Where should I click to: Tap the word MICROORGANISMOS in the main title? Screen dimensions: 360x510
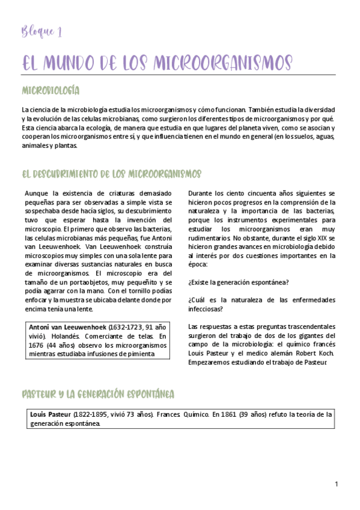point(224,63)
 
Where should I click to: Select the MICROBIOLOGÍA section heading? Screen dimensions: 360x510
point(50,91)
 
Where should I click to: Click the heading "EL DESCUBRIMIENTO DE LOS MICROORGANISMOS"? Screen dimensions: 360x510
point(111,174)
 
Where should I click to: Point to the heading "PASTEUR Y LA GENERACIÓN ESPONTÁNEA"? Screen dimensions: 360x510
point(98,395)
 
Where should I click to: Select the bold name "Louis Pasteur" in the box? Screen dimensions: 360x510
point(50,415)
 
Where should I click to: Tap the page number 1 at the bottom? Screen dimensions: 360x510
point(337,484)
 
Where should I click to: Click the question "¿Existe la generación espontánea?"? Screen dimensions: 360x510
point(238,283)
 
